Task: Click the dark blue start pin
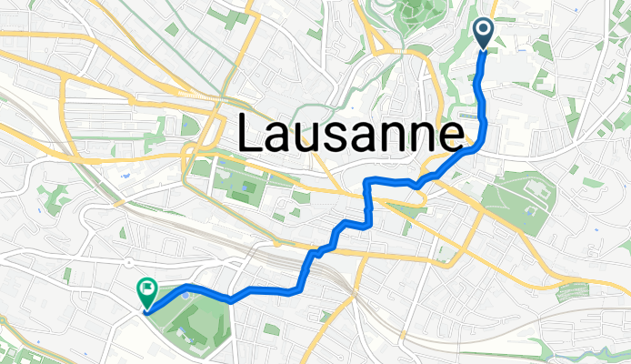tap(483, 35)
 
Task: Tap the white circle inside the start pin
tap(483, 31)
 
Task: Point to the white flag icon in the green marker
tap(146, 290)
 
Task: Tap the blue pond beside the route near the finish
tap(187, 295)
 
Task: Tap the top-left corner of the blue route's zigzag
tap(366, 181)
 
